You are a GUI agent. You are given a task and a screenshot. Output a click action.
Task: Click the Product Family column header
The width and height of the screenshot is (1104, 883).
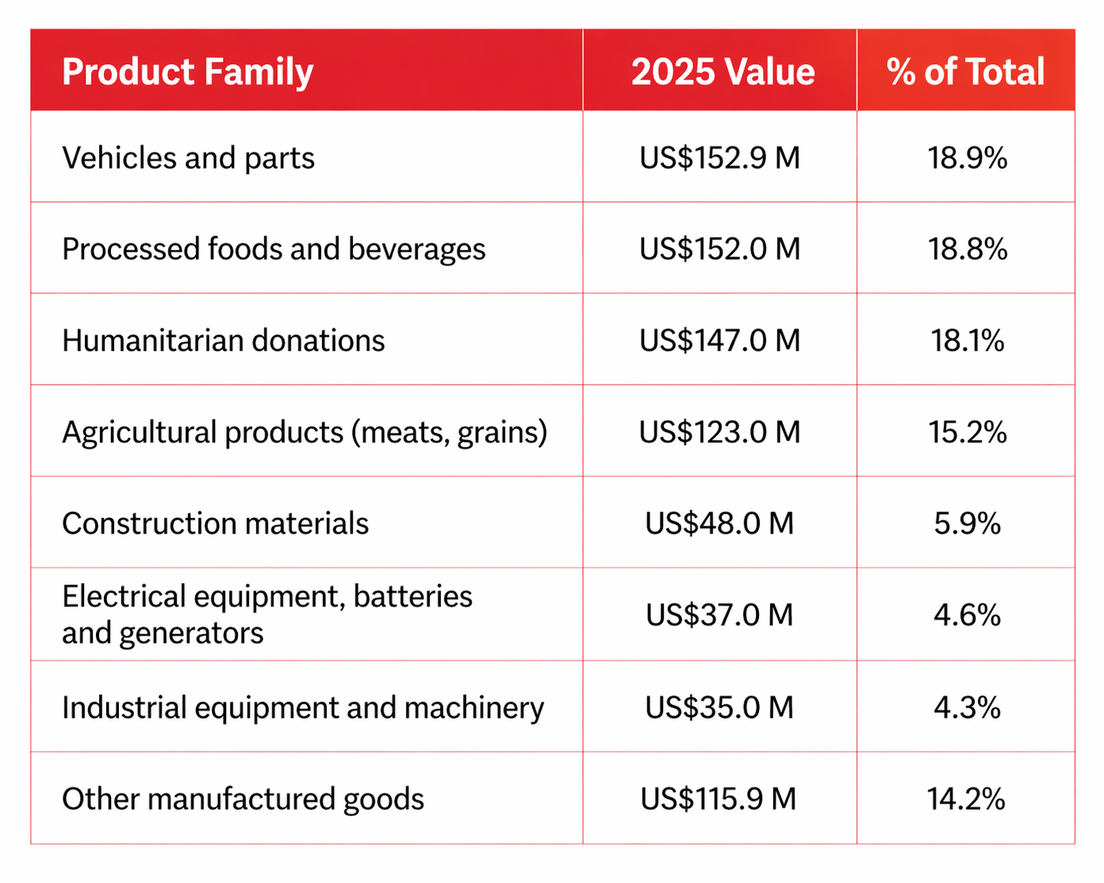coord(187,72)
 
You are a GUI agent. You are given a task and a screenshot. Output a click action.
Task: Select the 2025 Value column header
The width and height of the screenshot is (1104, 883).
coord(722,72)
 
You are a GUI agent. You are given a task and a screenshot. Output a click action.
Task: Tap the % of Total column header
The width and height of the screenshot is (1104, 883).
coord(965,72)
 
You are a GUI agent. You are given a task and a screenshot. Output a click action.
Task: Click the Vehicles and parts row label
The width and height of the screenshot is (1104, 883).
coord(188,158)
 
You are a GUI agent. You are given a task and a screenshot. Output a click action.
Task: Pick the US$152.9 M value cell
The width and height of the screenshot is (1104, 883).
coord(719,158)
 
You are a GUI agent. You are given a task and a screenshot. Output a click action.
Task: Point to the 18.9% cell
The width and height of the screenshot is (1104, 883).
coord(967,158)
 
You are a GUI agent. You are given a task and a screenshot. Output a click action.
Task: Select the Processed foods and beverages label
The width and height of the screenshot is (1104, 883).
coord(273,249)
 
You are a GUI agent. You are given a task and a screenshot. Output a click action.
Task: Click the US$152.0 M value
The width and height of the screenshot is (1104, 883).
coord(719,249)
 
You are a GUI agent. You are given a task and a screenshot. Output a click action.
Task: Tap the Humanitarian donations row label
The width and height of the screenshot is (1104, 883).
coord(223,341)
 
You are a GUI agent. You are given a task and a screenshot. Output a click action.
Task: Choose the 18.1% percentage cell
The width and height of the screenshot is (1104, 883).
coord(967,341)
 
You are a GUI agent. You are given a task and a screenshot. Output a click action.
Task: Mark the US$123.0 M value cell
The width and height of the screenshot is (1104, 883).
coord(719,432)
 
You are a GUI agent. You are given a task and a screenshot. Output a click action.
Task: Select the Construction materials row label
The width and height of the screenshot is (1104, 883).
coord(215,523)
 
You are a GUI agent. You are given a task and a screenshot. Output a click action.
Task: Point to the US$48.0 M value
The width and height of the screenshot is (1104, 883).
coord(719,523)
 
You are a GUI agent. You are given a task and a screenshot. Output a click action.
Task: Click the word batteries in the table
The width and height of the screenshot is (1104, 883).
coord(413,597)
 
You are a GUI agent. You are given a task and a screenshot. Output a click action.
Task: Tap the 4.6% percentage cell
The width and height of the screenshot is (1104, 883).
coord(967,615)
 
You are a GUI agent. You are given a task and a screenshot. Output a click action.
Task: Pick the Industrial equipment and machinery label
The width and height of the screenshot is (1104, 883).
coord(302,708)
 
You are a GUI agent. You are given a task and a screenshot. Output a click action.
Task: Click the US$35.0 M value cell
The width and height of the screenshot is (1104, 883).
coord(719,708)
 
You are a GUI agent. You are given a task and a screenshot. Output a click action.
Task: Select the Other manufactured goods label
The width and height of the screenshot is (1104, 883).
coord(243,799)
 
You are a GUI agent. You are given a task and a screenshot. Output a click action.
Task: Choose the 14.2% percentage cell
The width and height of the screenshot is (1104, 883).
coord(966,799)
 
